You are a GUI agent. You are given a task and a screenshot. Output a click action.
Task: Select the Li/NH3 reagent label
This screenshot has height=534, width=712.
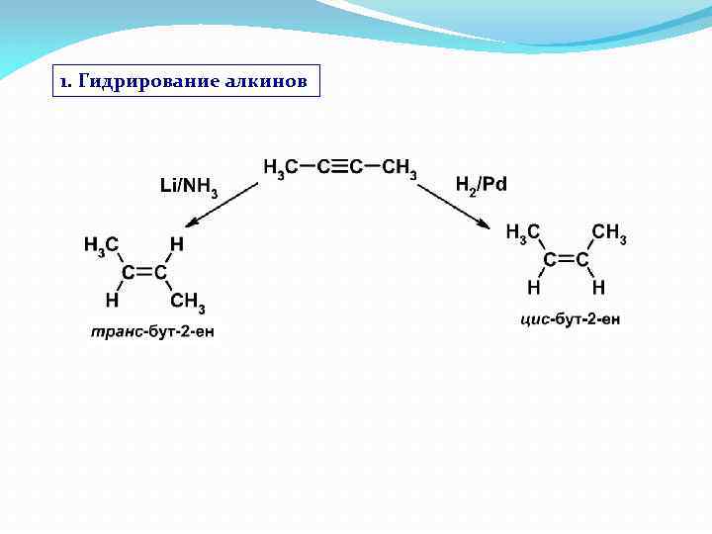[189, 186]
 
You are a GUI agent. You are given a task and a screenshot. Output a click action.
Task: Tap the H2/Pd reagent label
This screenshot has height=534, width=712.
[481, 185]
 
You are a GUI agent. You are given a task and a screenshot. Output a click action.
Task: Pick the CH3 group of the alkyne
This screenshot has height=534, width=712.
[400, 168]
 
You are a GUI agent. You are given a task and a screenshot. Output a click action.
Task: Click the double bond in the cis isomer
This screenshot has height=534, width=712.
[567, 260]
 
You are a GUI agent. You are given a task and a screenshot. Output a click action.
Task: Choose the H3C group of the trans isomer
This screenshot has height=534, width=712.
[102, 243]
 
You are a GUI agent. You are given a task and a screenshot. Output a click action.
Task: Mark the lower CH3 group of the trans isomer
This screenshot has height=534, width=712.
[188, 301]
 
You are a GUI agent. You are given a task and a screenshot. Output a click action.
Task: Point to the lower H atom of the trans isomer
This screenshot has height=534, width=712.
[112, 299]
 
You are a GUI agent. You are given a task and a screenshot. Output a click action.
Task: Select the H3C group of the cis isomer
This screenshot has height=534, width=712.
[523, 233]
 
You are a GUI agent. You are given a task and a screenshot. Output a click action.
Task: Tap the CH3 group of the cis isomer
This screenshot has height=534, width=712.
[609, 233]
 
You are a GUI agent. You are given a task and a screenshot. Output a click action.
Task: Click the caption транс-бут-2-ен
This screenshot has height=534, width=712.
[152, 330]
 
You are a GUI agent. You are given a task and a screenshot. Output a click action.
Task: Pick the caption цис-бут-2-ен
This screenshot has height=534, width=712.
[571, 318]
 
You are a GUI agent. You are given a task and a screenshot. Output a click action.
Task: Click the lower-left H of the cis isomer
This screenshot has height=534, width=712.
[534, 288]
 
